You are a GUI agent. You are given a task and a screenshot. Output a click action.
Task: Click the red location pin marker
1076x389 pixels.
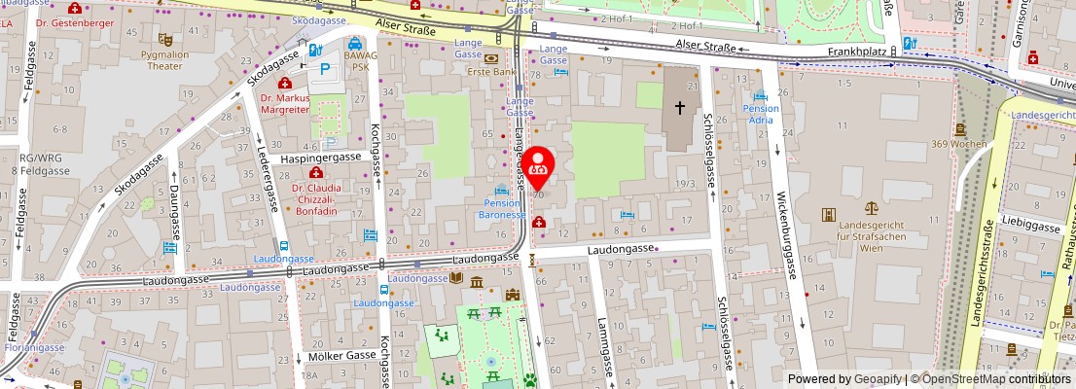pyautogui.click(x=539, y=166)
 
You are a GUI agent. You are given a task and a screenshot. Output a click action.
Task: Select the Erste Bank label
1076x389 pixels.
pyautogui.click(x=491, y=71)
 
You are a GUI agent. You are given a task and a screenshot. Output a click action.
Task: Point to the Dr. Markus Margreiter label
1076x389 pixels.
pyautogui.click(x=285, y=104)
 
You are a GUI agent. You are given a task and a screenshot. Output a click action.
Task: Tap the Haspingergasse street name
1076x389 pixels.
pyautogui.click(x=321, y=157)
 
